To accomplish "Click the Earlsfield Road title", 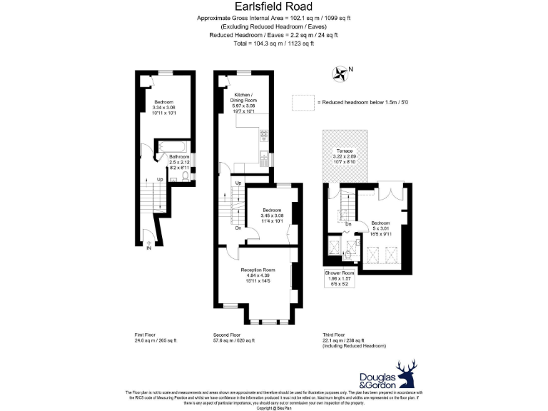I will pos(273,8).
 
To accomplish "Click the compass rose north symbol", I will pos(340,72).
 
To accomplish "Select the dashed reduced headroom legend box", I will pos(303,103).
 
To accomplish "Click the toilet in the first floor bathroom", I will pos(185,172).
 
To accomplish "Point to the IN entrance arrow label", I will pos(149,248).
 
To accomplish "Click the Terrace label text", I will pos(344,152).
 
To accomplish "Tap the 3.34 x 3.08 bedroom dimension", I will pos(163,107).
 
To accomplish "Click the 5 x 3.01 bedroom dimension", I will pos(380,228).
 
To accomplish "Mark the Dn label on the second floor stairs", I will pos(238,228).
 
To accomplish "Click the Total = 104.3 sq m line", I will pos(273,44).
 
